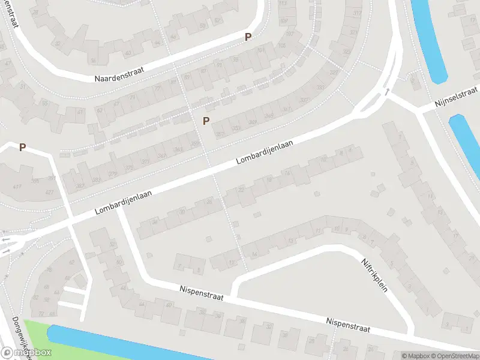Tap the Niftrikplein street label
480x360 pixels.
pos(375,275)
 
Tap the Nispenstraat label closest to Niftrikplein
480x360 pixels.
pos(348,325)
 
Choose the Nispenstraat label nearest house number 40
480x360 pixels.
pos(201,293)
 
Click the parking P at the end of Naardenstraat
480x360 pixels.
pos(248,37)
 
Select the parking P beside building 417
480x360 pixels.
pos(23,147)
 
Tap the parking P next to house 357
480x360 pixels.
pos(206,121)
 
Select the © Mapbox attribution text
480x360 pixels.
pos(415,356)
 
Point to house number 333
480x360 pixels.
pos(320,88)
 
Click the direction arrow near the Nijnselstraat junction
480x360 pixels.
pos(388,92)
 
